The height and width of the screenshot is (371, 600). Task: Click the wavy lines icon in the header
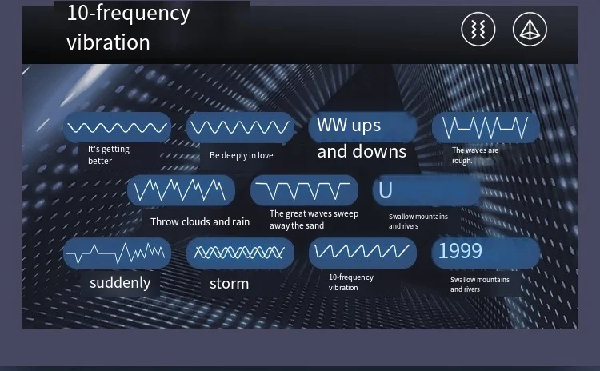click(478, 30)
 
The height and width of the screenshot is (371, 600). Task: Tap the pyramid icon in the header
click(530, 30)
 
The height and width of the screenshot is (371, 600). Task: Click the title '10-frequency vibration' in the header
click(129, 27)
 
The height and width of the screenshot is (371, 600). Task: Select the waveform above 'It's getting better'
click(117, 127)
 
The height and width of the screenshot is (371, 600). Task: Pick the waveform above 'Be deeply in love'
click(240, 127)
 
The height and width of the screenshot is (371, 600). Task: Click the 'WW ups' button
click(362, 126)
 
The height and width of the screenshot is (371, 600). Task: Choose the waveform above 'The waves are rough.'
click(486, 127)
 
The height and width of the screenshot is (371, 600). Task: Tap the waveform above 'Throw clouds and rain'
click(181, 190)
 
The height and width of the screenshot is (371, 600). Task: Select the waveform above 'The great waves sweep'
click(304, 190)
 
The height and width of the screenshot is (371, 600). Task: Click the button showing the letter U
click(426, 190)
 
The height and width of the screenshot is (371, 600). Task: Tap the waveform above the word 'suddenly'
click(117, 253)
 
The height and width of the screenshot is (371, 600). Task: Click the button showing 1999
click(486, 253)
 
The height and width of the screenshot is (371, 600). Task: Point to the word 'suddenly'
click(120, 283)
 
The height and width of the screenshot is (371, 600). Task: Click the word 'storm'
click(230, 284)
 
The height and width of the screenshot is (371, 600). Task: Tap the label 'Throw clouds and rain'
click(200, 221)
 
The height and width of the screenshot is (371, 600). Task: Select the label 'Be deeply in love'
click(242, 155)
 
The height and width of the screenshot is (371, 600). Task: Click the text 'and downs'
click(362, 152)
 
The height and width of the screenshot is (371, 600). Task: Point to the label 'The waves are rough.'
click(475, 155)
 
